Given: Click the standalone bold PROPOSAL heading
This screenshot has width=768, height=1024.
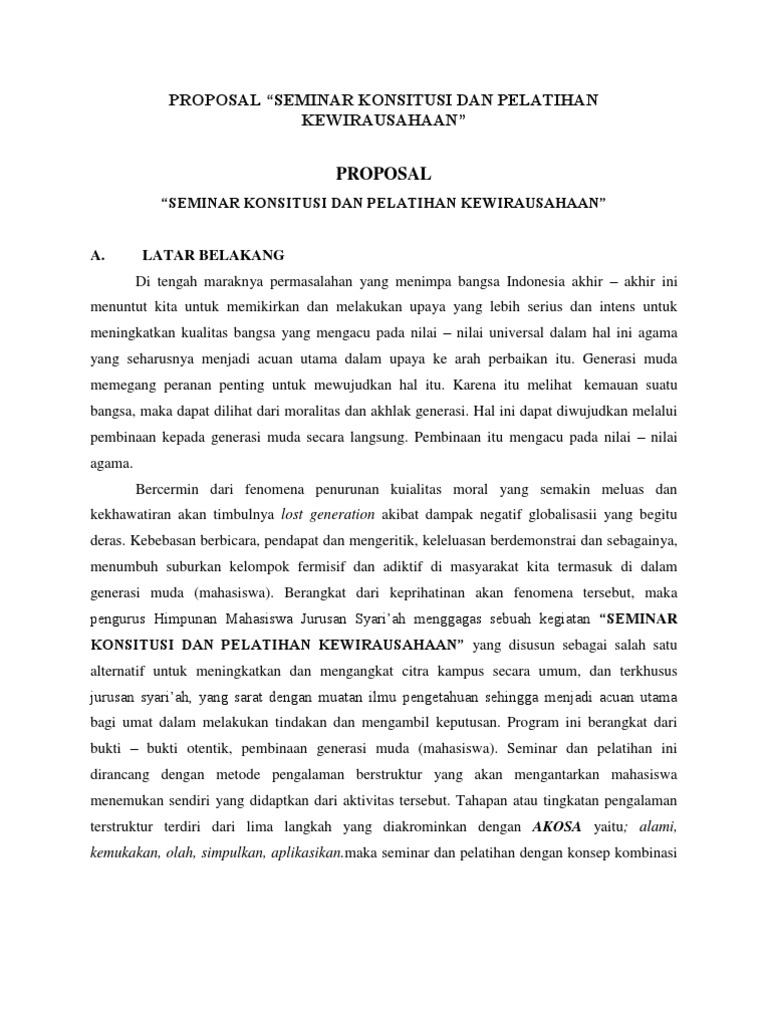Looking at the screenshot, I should tap(384, 173).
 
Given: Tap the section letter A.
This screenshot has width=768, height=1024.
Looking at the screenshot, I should tap(97, 255).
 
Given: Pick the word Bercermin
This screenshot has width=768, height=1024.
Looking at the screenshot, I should tap(171, 489).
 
